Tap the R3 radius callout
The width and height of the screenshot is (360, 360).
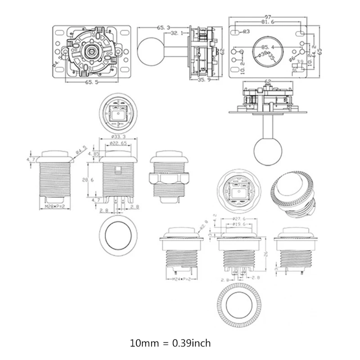tap(246, 31)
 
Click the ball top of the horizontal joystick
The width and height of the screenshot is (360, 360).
tap(149, 50)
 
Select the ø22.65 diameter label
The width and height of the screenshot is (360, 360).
tap(118, 144)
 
